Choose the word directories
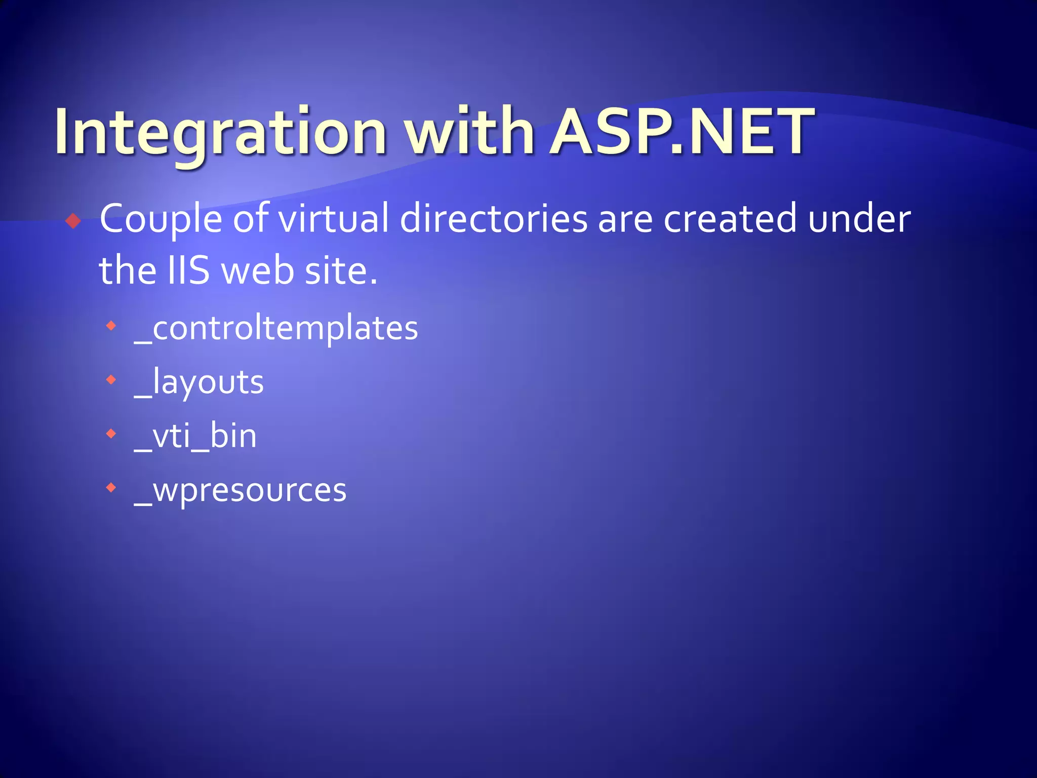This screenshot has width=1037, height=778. coord(494,219)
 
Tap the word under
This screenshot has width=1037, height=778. coord(859,219)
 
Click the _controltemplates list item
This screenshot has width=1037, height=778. coord(276,329)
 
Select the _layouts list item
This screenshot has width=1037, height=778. coord(198,382)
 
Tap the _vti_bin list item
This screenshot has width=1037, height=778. coord(195,436)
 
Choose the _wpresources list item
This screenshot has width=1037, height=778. coord(240,490)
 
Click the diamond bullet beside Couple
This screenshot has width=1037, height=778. coord(73,221)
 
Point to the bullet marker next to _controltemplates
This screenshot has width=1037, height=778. coord(111,325)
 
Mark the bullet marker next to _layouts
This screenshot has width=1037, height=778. coord(111,379)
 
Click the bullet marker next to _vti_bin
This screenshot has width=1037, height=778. coord(111,434)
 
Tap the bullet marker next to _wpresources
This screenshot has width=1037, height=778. coord(111,488)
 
